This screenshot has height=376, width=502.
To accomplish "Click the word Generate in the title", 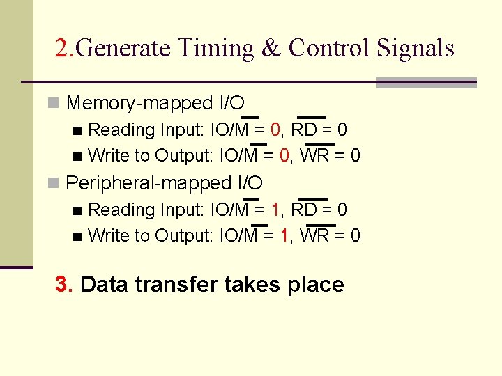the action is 123,48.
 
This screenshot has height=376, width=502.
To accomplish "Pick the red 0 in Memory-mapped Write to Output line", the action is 284,156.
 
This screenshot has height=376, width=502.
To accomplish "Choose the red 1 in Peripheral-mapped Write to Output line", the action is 284,236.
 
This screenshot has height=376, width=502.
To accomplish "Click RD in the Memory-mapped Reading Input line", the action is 303,130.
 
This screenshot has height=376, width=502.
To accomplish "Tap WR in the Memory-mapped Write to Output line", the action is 313,156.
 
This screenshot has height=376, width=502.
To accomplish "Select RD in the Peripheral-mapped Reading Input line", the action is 303,210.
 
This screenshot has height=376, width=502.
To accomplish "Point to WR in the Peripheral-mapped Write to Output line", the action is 313,236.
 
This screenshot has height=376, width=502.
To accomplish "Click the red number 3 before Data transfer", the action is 62,285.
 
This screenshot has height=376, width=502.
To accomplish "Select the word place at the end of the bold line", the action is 318,285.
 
